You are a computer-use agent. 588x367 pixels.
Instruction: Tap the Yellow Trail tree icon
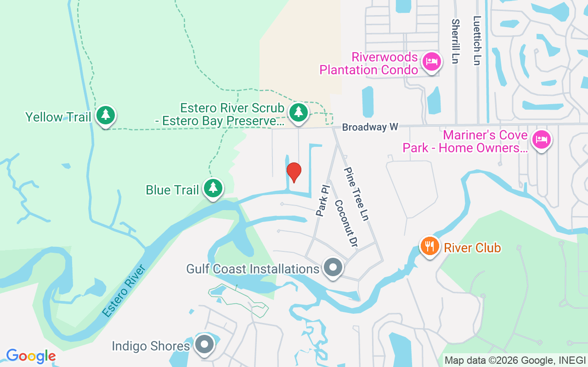click(106, 115)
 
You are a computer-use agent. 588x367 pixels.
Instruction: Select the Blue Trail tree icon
click(213, 188)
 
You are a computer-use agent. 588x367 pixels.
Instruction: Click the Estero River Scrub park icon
click(299, 111)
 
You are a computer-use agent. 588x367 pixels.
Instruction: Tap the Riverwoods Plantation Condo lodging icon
click(431, 61)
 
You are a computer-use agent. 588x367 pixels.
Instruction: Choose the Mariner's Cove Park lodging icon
click(541, 139)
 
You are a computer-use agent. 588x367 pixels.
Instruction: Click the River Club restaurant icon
click(430, 246)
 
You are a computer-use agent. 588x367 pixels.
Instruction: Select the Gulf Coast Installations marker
click(333, 267)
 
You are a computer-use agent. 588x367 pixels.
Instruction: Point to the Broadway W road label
click(370, 127)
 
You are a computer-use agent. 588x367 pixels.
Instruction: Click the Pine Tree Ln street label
click(356, 194)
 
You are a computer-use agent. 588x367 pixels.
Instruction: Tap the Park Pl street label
click(323, 200)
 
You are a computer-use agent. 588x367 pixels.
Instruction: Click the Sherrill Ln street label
click(455, 41)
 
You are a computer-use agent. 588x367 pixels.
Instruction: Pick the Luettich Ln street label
click(477, 41)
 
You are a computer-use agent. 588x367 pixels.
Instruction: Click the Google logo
click(31, 356)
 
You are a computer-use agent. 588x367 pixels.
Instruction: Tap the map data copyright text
click(515, 361)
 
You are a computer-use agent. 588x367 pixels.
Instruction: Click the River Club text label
click(472, 248)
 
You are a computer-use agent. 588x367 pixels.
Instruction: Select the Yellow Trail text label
click(58, 117)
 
